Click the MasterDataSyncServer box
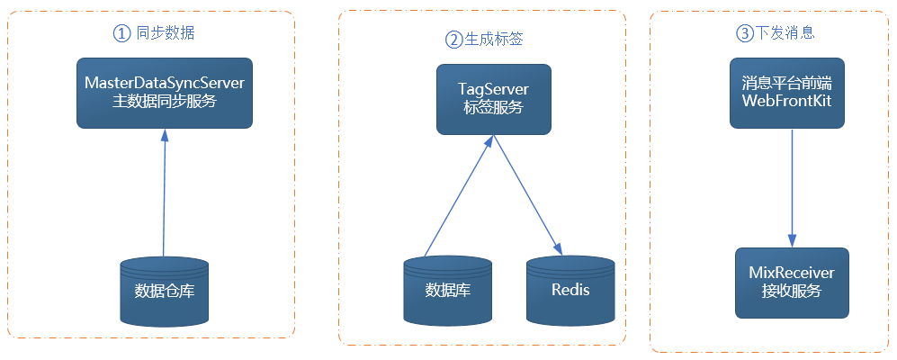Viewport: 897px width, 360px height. point(165,93)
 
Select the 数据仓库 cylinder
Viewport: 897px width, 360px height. point(164,292)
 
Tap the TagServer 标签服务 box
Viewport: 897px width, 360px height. point(494,99)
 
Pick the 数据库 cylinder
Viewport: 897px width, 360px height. point(448,292)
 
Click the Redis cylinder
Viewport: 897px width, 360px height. point(570,292)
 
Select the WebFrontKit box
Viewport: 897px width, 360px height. point(786,93)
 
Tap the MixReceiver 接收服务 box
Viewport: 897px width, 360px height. point(792,283)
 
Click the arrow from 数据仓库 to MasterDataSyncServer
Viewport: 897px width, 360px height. point(164,193)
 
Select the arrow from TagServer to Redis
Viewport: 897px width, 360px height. point(528,195)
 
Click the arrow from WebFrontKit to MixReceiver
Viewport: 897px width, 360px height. point(792,188)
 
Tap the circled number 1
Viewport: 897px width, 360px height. point(121,34)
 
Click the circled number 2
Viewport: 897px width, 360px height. point(453,40)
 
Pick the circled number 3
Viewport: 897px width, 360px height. point(744,34)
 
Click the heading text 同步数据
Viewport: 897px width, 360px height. point(166,33)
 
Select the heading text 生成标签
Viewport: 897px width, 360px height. point(493,40)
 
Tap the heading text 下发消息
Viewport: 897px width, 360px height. point(785,33)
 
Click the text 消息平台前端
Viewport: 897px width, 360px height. point(786,84)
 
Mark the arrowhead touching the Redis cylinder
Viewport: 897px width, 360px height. point(558,249)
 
